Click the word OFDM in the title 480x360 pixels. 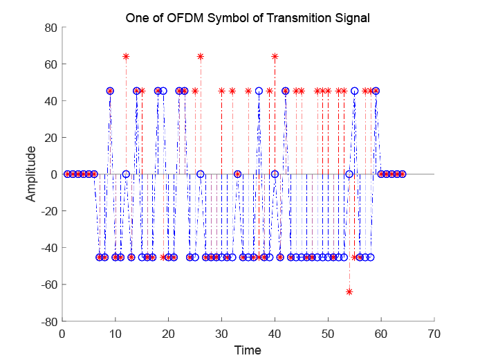[x=186, y=18]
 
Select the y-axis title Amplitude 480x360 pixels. [x=30, y=174]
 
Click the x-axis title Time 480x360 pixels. [x=248, y=350]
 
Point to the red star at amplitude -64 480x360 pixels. [x=349, y=291]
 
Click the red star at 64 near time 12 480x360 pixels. [x=126, y=56]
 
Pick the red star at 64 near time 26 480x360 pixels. [x=200, y=56]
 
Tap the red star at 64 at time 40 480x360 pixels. [x=275, y=56]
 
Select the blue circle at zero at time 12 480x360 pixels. [x=126, y=174]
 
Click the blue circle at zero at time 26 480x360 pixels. [x=200, y=174]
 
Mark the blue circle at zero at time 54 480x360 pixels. [x=349, y=174]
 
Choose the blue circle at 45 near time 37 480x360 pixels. [x=259, y=91]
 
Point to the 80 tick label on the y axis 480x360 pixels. [x=50, y=28]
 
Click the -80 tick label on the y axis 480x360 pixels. [x=48, y=321]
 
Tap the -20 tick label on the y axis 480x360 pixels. [x=48, y=211]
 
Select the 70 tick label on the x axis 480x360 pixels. [x=434, y=333]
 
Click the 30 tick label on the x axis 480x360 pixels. [x=221, y=333]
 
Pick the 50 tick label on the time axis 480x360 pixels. [x=328, y=333]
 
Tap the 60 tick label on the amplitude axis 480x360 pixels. [x=50, y=64]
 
